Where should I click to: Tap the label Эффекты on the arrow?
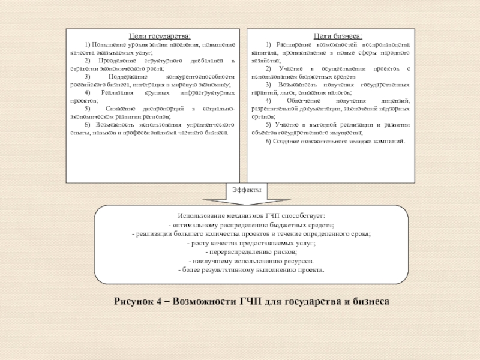click(x=247, y=190)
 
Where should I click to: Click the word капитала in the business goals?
click(x=263, y=53)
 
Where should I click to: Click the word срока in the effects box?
click(x=360, y=233)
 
